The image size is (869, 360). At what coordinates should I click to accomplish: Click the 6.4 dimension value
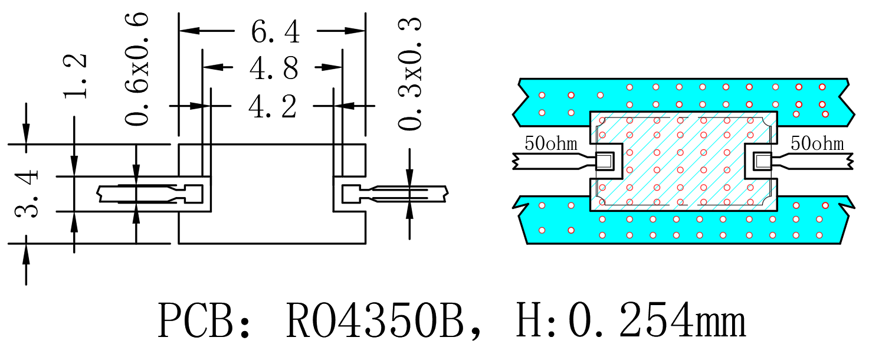pos(276,31)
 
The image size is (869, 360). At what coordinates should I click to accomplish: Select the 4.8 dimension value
pos(274,68)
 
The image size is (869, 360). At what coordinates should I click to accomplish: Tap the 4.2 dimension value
pos(273,106)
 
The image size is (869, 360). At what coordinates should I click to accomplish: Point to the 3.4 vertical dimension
pos(27,194)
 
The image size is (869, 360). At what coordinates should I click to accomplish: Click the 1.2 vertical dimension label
pos(75,76)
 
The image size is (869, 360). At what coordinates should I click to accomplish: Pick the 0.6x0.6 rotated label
pos(136,68)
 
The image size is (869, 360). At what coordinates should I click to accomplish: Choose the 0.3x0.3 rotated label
pos(409,73)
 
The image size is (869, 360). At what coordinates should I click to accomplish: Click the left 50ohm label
pos(551,143)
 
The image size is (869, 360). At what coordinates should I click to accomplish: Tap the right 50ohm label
pos(817,143)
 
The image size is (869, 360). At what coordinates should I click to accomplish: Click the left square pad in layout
pos(605,161)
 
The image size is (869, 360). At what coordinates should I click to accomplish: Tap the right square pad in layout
pos(762,161)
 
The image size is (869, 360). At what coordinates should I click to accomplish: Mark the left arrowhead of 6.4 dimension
pos(190,31)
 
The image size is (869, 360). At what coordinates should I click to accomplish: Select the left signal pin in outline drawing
pos(150,194)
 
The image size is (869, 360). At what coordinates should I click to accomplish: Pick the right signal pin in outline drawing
pos(395,194)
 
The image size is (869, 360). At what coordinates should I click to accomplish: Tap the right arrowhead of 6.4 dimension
pos(355,31)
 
